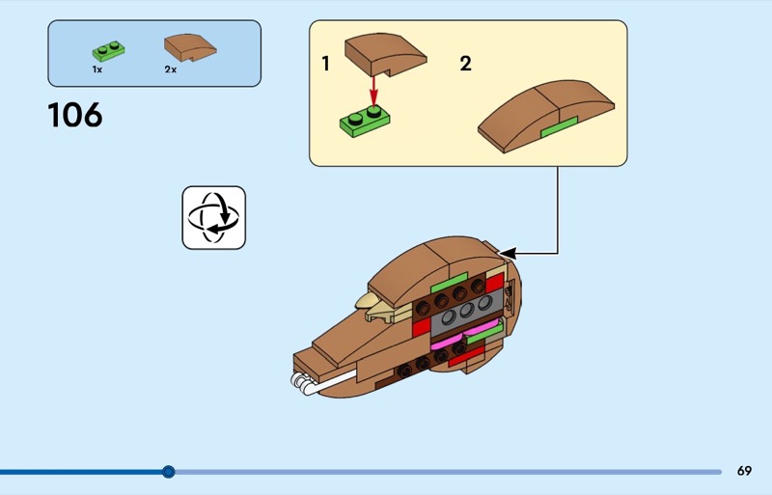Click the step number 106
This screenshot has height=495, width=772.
(75, 115)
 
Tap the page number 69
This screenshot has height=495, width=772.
(744, 471)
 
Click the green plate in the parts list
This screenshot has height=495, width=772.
(108, 50)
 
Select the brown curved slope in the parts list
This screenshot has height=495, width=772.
(190, 47)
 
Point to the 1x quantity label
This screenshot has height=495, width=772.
(97, 69)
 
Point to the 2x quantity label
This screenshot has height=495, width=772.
(171, 69)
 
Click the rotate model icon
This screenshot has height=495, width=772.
(213, 217)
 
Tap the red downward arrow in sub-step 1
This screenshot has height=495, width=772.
(373, 92)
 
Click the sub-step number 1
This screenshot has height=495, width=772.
(325, 64)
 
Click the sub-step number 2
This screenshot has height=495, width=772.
(465, 64)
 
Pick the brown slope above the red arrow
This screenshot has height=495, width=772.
(385, 54)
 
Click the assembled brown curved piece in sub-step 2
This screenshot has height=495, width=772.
(546, 115)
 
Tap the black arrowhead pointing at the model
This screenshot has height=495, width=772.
(508, 254)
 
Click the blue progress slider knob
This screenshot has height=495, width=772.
(168, 472)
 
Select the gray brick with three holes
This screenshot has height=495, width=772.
(466, 312)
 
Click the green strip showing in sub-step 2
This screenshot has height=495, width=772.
(560, 126)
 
